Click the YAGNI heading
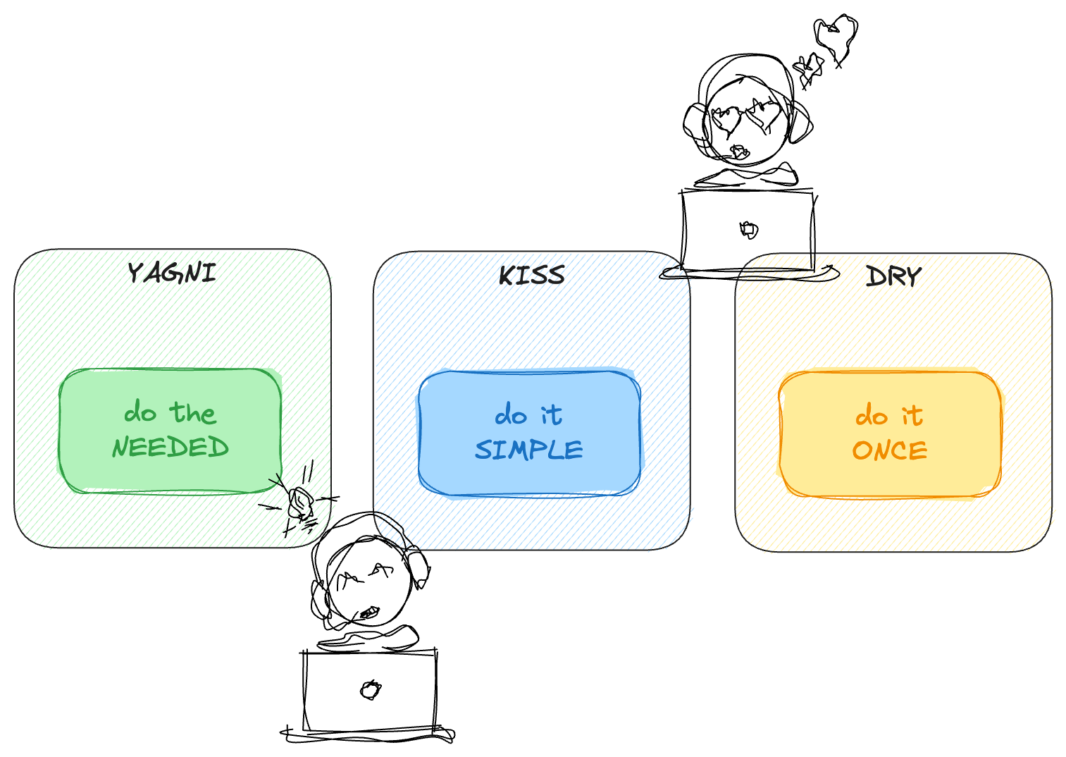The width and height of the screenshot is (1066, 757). click(x=171, y=273)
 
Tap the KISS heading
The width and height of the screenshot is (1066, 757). click(x=532, y=275)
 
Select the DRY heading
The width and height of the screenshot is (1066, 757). click(x=893, y=276)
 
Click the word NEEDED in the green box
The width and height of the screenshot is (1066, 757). click(x=171, y=447)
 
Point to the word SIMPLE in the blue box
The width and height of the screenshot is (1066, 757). click(x=529, y=449)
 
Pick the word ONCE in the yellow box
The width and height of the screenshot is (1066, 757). click(x=890, y=450)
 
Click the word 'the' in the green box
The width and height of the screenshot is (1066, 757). click(x=193, y=412)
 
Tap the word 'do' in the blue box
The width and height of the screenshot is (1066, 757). click(x=511, y=415)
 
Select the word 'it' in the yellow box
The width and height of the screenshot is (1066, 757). click(x=912, y=415)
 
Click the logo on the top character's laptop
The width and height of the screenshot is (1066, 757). click(x=748, y=229)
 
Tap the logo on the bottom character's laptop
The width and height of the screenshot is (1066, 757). click(x=370, y=689)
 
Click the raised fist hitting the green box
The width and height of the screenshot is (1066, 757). click(x=301, y=503)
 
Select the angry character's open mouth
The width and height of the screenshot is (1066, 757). click(x=368, y=613)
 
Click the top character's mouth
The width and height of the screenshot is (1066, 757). click(x=740, y=151)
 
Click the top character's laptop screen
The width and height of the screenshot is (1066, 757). click(x=748, y=230)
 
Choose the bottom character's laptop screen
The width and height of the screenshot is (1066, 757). click(x=370, y=691)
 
